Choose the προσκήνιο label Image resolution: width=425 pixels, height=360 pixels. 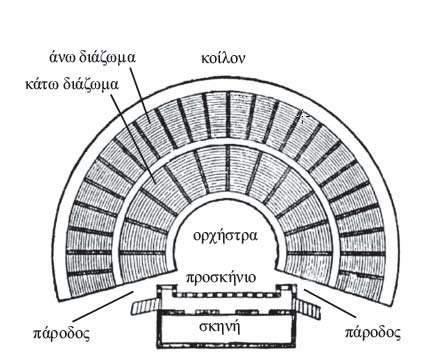coord(223,278)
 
